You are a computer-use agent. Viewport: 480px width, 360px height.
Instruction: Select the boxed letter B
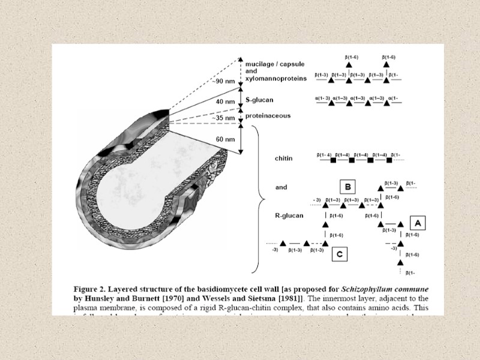349,187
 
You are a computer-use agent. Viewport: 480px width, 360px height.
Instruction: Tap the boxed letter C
339,254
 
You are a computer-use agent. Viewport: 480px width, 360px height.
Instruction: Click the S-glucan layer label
259,100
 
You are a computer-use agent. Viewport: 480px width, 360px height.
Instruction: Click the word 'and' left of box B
281,187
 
